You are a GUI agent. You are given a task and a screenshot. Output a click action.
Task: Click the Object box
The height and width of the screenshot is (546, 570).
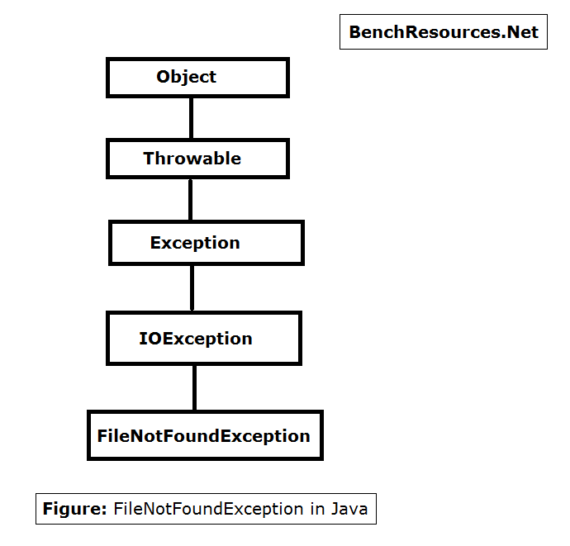pos(197,78)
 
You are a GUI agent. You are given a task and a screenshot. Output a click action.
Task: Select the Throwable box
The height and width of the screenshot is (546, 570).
pos(197,159)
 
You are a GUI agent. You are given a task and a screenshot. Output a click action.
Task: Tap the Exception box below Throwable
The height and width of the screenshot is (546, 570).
pos(207,243)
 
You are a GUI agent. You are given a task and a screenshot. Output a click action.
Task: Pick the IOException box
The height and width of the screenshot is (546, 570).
pos(203,339)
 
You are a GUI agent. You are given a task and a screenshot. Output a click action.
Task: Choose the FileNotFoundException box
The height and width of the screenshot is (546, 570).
pos(205,435)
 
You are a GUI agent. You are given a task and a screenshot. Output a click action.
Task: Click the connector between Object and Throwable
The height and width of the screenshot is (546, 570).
pos(191,118)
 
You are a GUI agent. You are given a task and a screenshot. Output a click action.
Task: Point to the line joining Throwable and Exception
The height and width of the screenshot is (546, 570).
pos(191,199)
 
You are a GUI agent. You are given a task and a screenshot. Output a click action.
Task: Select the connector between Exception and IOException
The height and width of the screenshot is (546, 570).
pos(192,287)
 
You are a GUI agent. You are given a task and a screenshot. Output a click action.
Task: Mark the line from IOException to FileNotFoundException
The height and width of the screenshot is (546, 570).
pos(195,387)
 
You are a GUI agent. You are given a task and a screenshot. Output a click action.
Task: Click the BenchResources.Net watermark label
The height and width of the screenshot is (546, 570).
pos(444,32)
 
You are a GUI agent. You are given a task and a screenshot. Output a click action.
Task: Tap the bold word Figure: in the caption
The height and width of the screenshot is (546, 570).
pos(74,509)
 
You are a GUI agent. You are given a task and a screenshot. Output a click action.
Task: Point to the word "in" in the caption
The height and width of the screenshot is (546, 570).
pos(318,509)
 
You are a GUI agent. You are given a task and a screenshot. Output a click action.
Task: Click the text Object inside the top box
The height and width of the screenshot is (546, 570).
pos(187,77)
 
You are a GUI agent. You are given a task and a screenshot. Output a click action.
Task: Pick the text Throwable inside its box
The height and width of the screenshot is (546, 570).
pos(192,159)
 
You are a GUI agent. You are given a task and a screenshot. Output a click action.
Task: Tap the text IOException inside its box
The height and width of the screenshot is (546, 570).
pos(196,339)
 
